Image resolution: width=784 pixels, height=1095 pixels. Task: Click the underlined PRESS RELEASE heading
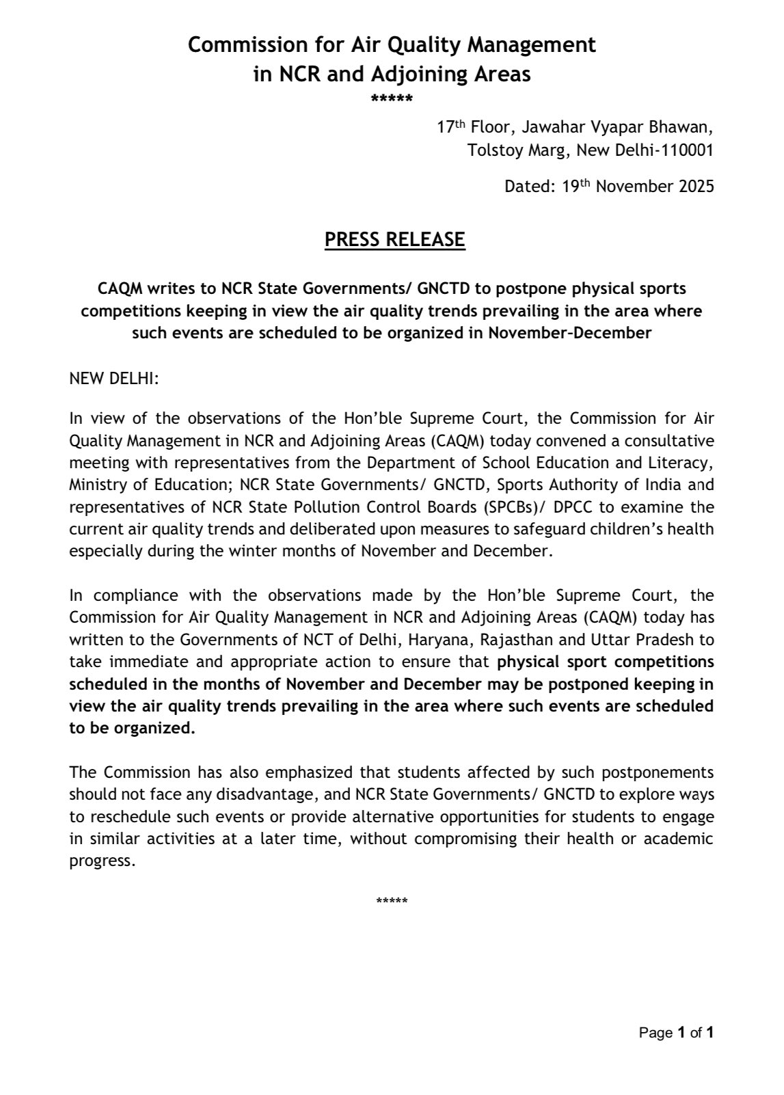tap(394, 240)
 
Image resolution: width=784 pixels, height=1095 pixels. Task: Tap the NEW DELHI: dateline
tap(113, 379)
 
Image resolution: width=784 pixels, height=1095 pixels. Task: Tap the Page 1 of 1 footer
tap(676, 1033)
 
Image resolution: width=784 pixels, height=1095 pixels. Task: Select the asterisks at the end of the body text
tap(392, 900)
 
